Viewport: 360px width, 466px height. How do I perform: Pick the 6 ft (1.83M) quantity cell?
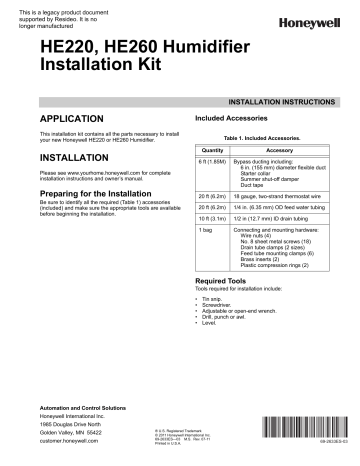coord(185,160)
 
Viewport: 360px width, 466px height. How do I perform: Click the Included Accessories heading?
coord(212,119)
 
